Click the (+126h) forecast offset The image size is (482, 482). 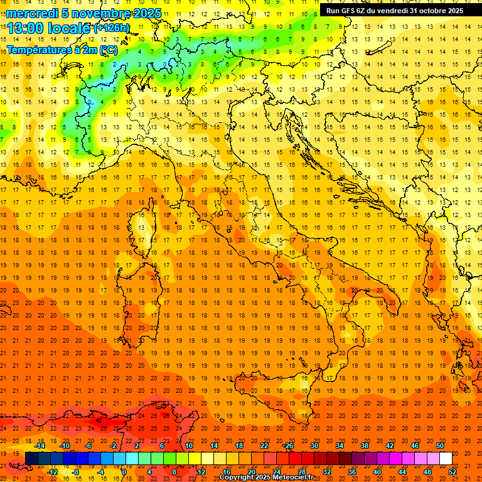coord(112,28)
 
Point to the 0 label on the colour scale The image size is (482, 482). coord(124,471)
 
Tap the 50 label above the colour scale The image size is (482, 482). coord(439,445)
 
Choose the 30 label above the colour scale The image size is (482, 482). coord(314,445)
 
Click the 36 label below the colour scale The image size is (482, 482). coord(351,471)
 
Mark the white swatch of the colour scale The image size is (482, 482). coord(446,458)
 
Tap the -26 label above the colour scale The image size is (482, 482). coord(288,445)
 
